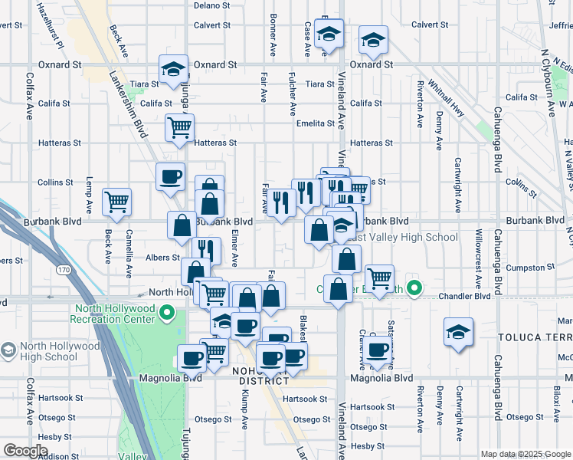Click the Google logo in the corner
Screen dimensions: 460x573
coord(25,450)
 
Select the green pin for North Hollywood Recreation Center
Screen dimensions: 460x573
coord(172,314)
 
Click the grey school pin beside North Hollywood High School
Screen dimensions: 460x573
coord(8,351)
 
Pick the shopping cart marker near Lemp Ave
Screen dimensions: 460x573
coord(116,202)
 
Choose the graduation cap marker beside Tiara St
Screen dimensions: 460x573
coord(173,68)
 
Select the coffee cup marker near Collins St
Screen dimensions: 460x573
coord(170,176)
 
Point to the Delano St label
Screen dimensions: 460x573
coord(211,5)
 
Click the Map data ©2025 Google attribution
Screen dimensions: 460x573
coord(526,454)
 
